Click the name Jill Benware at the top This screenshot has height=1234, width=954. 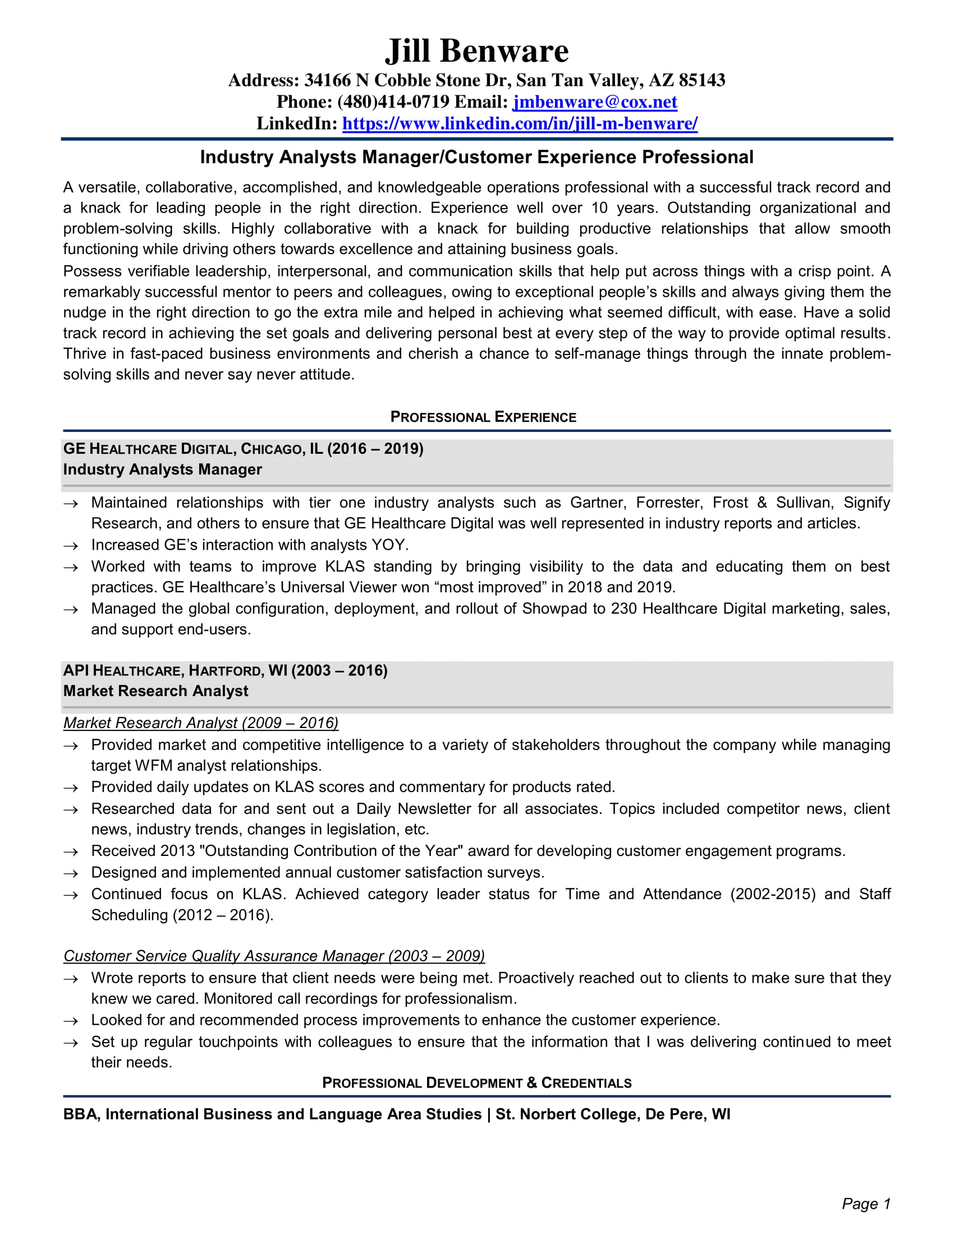(x=476, y=51)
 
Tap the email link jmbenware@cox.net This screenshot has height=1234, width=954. (x=594, y=102)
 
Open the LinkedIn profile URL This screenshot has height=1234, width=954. (x=520, y=123)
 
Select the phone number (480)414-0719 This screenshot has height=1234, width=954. (x=393, y=102)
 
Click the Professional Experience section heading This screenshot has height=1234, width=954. (x=483, y=417)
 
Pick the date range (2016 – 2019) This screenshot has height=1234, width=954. (x=375, y=449)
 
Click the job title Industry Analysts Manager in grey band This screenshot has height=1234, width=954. (x=163, y=469)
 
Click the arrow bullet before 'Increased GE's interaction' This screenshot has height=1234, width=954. (x=71, y=546)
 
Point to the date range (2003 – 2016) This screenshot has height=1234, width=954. (x=339, y=671)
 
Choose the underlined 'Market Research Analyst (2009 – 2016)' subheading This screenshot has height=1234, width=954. (x=201, y=722)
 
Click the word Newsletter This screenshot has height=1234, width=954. (x=434, y=808)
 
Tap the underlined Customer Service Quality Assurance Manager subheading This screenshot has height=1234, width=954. (x=274, y=955)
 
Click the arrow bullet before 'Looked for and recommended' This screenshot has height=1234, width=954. (x=71, y=1021)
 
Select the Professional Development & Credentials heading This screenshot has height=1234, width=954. (x=476, y=1083)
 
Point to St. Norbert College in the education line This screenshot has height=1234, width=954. (x=567, y=1114)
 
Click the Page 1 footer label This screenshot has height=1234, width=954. (x=865, y=1204)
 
